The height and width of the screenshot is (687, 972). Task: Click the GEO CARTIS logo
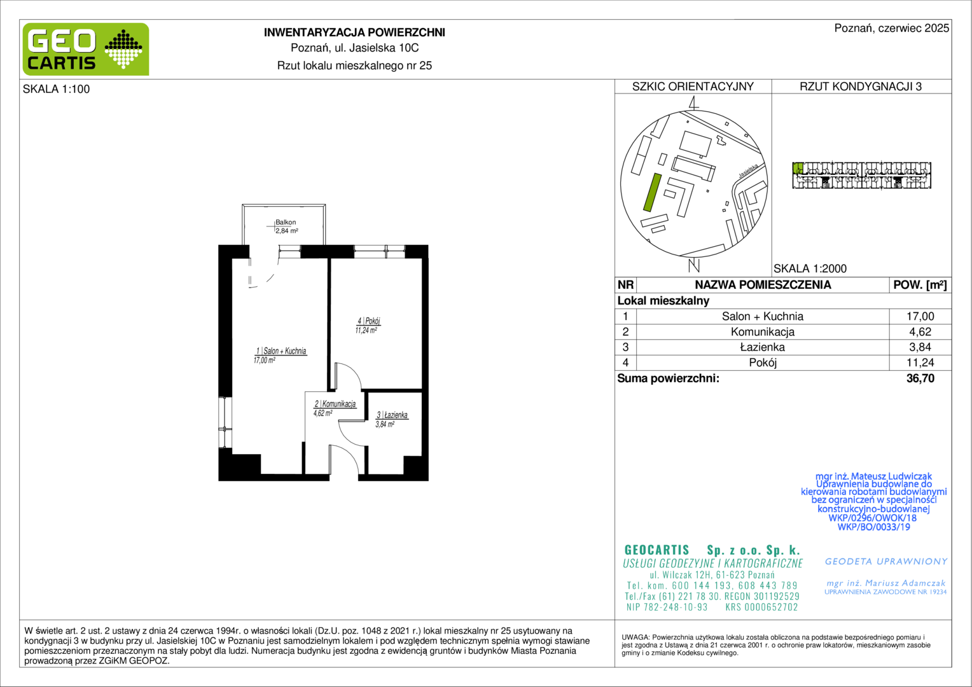click(86, 49)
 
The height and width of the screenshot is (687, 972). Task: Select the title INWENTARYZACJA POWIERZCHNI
click(354, 32)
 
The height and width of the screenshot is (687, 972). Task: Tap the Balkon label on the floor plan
click(286, 222)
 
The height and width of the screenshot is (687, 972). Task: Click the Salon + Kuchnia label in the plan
click(282, 350)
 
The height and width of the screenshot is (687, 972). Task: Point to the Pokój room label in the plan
click(369, 321)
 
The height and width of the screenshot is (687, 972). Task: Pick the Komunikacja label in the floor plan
click(335, 404)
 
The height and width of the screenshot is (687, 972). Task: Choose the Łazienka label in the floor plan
click(392, 415)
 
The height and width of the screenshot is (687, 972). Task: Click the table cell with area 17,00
click(920, 316)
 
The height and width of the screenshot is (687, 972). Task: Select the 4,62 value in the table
click(920, 332)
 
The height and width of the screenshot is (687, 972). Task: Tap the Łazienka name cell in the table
click(763, 347)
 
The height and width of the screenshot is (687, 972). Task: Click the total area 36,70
click(920, 378)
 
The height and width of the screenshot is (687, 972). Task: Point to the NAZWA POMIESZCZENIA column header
click(763, 285)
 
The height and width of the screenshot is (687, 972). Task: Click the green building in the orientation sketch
click(652, 192)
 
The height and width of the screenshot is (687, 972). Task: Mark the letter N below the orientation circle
click(694, 266)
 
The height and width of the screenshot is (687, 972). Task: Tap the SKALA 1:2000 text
click(810, 268)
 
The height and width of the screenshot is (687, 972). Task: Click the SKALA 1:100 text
click(57, 89)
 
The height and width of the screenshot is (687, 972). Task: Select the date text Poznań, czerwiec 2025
click(892, 28)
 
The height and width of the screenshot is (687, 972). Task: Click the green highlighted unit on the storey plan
click(798, 168)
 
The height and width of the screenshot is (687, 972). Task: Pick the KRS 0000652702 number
click(762, 607)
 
